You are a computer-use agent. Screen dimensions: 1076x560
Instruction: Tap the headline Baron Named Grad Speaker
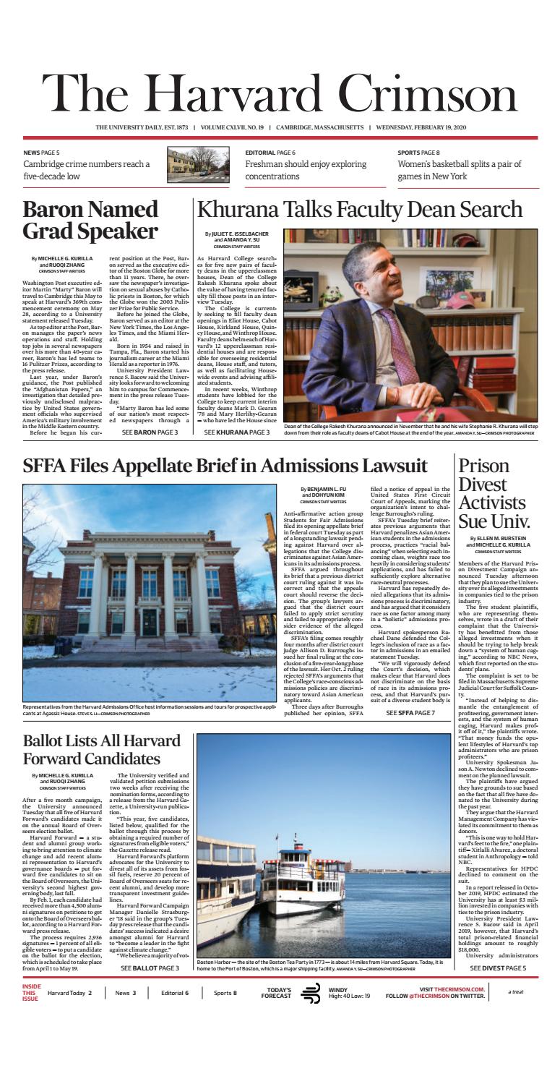tap(90, 221)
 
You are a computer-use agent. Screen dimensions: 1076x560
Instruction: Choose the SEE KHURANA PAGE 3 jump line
tap(236, 432)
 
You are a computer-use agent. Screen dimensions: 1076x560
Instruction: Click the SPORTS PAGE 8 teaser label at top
tap(423, 153)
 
